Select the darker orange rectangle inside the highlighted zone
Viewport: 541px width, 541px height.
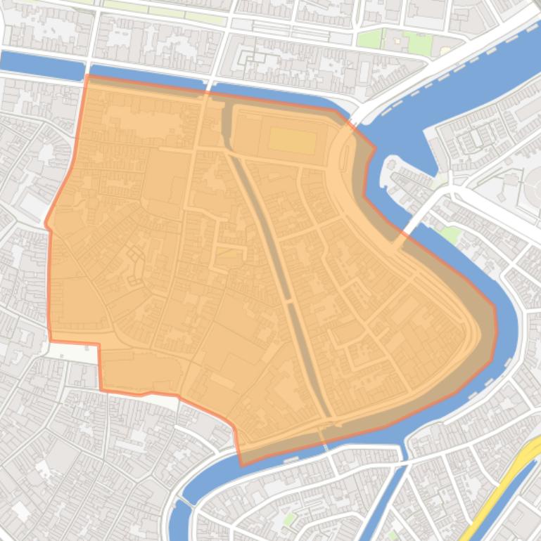[292, 140]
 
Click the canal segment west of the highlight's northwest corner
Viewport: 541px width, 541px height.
[42, 63]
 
